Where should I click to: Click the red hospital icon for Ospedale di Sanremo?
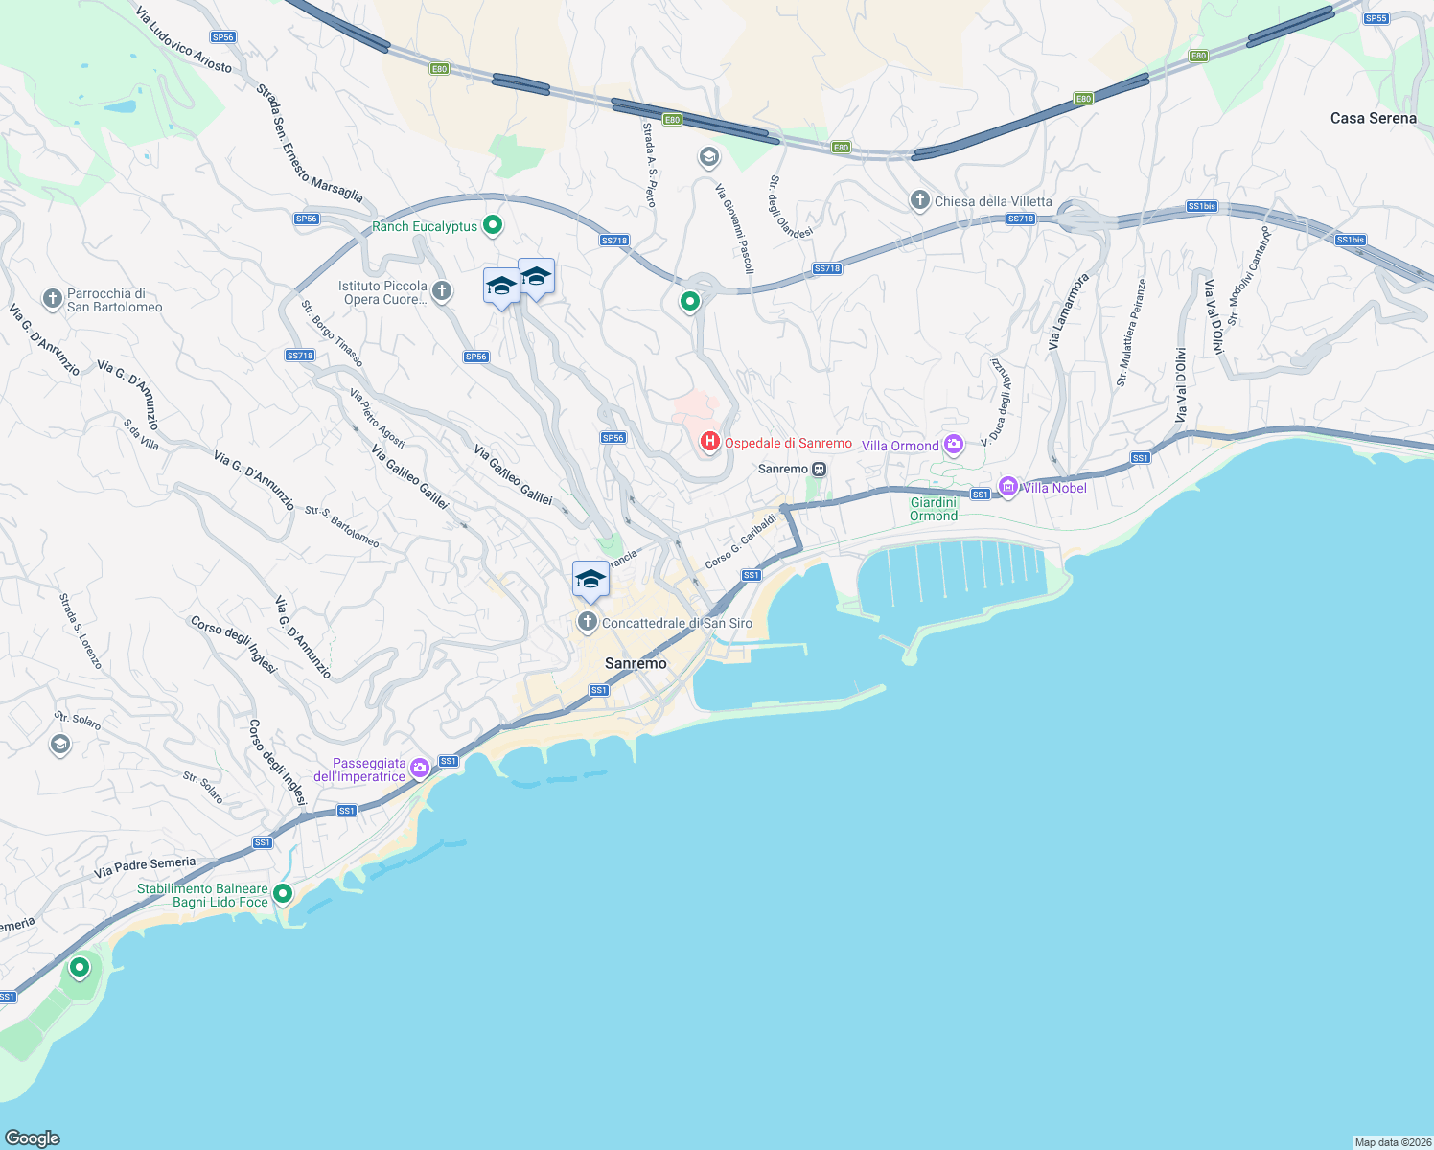pyautogui.click(x=709, y=441)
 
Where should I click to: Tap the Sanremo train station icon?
pyautogui.click(x=819, y=470)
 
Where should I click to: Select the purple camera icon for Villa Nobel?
pyautogui.click(x=1007, y=487)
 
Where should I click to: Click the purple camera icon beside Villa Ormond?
pyautogui.click(x=953, y=444)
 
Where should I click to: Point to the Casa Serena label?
pyautogui.click(x=1373, y=118)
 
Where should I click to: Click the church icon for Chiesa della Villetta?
pyautogui.click(x=919, y=200)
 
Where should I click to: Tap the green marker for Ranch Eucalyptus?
pyautogui.click(x=493, y=226)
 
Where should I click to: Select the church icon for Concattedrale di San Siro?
pyautogui.click(x=587, y=622)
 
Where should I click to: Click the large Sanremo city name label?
pyautogui.click(x=636, y=663)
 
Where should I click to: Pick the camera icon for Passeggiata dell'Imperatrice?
pyautogui.click(x=420, y=768)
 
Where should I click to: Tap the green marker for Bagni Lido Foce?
pyautogui.click(x=283, y=894)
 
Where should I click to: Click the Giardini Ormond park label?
pyautogui.click(x=934, y=509)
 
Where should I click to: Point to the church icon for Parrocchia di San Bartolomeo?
pyautogui.click(x=53, y=299)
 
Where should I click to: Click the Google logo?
pyautogui.click(x=33, y=1138)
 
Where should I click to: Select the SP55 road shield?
pyautogui.click(x=1376, y=18)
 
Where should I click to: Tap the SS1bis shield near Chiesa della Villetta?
pyautogui.click(x=1201, y=206)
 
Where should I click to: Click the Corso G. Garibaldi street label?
pyautogui.click(x=740, y=541)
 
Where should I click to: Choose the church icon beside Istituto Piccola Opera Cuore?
pyautogui.click(x=441, y=291)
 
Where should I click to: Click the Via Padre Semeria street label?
pyautogui.click(x=145, y=867)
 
